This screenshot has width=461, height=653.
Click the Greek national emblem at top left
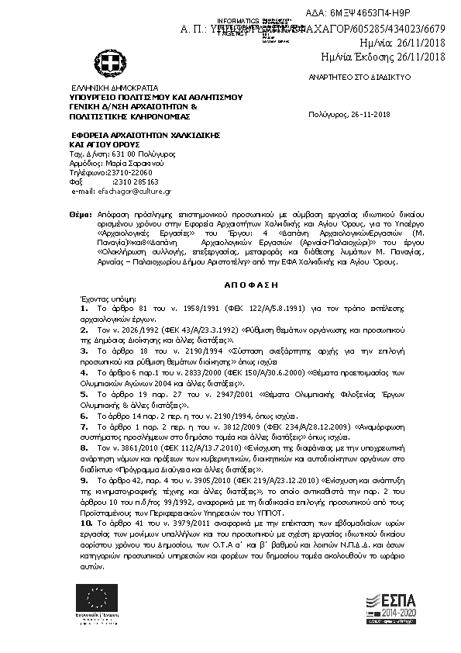106,61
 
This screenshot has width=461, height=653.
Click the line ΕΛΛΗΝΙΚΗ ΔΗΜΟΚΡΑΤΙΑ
115,88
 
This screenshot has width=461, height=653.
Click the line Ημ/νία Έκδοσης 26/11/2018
383,57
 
